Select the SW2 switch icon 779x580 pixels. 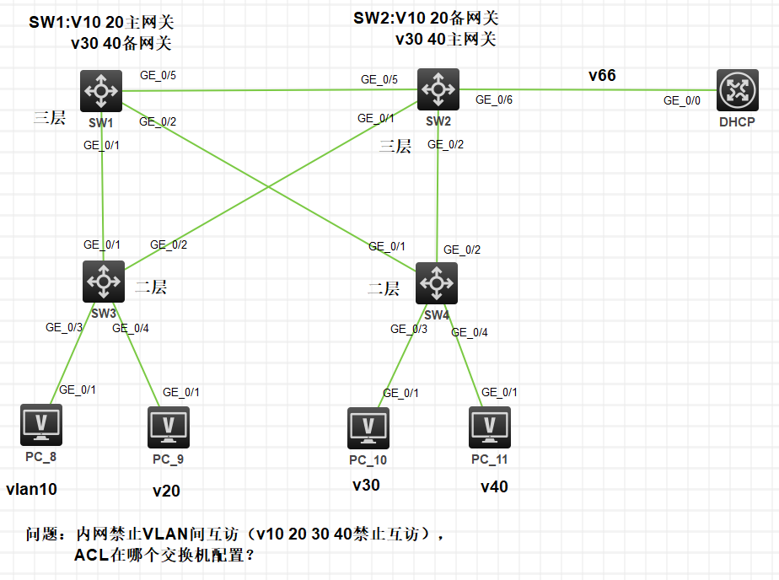438,89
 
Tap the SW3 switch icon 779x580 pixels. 104,282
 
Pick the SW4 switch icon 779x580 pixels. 437,283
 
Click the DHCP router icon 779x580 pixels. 738,91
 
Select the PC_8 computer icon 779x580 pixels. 41,425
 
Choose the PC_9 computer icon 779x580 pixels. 169,427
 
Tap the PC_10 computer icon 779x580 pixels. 368,429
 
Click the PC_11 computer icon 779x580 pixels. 490,427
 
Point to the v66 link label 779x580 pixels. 602,76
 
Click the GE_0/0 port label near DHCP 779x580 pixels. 681,100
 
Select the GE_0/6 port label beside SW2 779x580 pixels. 493,99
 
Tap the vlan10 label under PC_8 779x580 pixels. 31,489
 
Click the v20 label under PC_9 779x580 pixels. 166,491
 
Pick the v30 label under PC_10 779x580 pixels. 366,485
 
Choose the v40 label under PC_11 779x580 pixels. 494,486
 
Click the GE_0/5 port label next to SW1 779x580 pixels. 158,76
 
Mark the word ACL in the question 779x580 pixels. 90,556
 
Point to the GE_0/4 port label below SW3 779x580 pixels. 131,328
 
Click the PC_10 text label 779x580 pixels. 368,460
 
